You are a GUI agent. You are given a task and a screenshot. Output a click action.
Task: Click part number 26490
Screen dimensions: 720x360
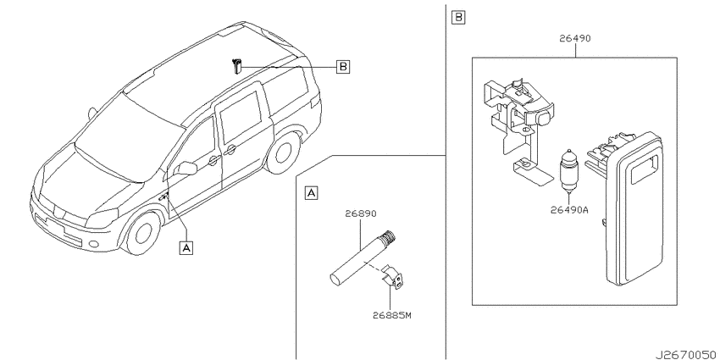click(x=575, y=39)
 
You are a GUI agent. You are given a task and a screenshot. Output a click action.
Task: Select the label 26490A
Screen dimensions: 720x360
click(x=569, y=210)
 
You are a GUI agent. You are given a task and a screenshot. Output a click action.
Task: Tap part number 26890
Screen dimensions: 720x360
click(x=361, y=213)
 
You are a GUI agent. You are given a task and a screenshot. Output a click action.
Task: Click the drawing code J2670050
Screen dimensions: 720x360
click(x=685, y=355)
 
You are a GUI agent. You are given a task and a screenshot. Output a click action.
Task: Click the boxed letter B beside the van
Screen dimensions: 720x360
click(x=342, y=67)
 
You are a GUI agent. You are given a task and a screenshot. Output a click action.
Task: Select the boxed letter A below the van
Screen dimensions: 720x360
click(x=186, y=247)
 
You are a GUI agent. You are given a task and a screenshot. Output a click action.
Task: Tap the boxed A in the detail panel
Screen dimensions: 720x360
click(x=311, y=193)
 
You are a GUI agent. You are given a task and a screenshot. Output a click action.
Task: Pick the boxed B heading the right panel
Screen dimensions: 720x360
click(x=458, y=18)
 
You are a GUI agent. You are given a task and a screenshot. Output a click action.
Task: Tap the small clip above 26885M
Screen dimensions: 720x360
click(x=393, y=277)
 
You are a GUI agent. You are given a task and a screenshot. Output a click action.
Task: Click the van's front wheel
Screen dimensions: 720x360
click(x=144, y=232)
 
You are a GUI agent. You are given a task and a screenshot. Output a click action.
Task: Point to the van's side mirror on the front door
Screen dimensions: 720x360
click(x=187, y=168)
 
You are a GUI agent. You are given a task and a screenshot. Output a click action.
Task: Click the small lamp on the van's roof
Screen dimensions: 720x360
click(x=236, y=66)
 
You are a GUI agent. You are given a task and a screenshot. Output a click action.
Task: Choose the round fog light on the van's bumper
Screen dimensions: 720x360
click(x=94, y=244)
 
